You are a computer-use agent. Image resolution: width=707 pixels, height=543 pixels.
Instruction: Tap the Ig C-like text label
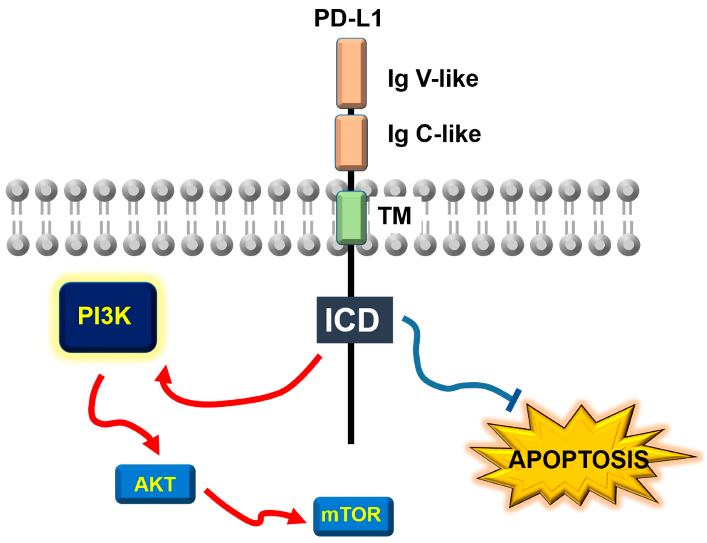434,134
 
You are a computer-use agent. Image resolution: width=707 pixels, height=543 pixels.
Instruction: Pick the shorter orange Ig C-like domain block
351,143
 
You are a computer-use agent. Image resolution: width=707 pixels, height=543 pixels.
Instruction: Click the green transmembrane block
351,218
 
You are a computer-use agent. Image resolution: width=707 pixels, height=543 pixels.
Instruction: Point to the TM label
394,216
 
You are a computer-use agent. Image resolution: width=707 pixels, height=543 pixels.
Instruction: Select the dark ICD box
354,320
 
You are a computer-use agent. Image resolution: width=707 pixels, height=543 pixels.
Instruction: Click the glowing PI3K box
108,317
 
